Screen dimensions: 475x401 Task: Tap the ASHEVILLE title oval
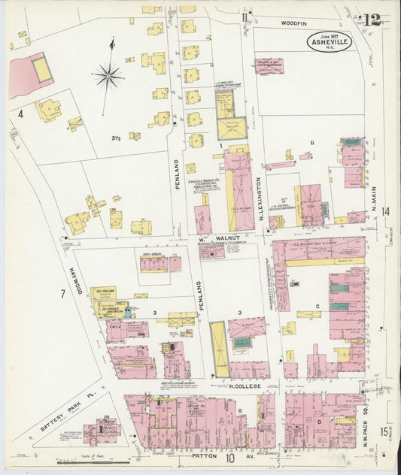[x=329, y=41]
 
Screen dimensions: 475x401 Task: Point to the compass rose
[x=108, y=74]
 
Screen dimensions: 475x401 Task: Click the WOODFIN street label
[x=294, y=24]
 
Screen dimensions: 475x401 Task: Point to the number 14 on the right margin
[x=387, y=212]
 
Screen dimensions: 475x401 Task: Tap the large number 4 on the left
[x=22, y=114]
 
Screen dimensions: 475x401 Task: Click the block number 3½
[x=117, y=138]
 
